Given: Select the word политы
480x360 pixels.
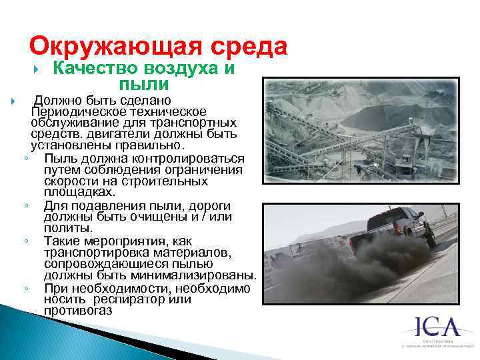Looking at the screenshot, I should pos(65,227).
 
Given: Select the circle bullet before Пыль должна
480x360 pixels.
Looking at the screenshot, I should pos(24,159).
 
